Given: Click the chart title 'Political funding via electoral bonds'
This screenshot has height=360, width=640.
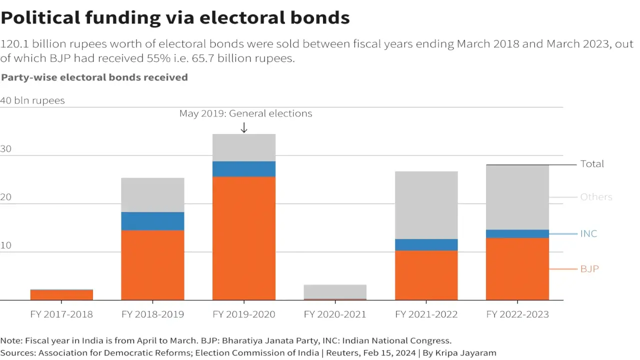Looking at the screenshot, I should tap(175, 18).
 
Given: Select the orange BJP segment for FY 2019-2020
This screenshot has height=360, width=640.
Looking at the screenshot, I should tap(243, 238).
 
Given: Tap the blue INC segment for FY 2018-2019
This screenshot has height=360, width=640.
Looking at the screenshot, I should tap(152, 221).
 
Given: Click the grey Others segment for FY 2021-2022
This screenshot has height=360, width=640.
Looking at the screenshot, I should tap(426, 205).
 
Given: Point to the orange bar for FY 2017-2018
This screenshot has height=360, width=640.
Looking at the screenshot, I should tap(61, 295).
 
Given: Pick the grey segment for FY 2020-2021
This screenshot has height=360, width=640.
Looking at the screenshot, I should tap(335, 291).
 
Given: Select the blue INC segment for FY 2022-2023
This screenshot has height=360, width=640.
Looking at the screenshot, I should tap(517, 234).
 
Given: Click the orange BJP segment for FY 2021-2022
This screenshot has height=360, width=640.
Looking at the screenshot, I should tap(426, 275).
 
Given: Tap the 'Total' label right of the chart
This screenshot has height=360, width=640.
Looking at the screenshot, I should tap(592, 164).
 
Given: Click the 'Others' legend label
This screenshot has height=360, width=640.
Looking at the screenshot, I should tap(596, 197).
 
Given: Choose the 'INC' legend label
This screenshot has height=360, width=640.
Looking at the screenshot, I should tap(588, 234).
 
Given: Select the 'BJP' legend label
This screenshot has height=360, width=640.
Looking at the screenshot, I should tap(589, 269).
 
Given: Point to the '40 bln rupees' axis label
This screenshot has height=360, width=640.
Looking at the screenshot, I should tap(32, 100).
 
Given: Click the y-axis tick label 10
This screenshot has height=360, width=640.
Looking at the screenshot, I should tap(6, 246).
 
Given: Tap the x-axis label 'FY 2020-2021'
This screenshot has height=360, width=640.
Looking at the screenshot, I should tap(335, 314).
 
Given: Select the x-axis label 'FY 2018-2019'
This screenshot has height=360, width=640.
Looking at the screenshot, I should tap(152, 314).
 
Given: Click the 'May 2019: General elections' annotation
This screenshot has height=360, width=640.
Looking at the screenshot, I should tap(245, 113).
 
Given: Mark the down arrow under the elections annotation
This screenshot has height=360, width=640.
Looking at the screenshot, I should tap(244, 128).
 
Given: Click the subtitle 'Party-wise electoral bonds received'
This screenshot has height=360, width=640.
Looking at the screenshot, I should tap(94, 77).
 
